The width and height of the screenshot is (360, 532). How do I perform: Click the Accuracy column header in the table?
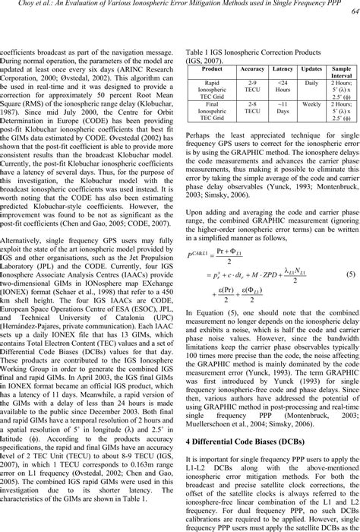click(252, 69)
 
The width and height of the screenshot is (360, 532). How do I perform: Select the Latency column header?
click(283, 69)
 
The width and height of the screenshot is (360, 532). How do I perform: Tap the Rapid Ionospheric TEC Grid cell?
click(213, 89)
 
